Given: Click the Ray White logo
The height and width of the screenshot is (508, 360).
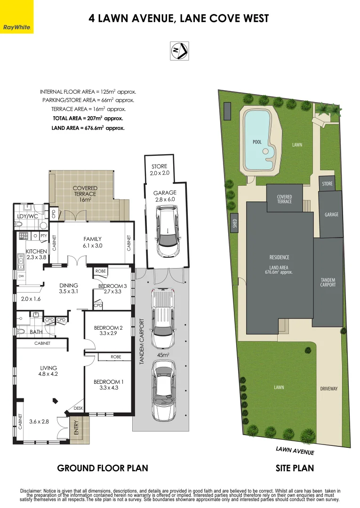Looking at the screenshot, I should [x=17, y=17].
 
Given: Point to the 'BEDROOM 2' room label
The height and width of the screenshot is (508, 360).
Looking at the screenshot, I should [x=108, y=327].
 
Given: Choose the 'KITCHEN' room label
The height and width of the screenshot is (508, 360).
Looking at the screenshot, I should [x=36, y=251].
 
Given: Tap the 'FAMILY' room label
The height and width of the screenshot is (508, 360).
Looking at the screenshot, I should [x=93, y=239].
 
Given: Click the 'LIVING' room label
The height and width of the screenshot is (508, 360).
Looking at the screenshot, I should [x=48, y=368].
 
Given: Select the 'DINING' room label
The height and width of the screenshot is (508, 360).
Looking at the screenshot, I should [x=68, y=286].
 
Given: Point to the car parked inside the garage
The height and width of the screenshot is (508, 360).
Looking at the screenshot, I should [x=168, y=233].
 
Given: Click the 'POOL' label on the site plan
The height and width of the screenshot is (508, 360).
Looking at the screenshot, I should [x=257, y=142].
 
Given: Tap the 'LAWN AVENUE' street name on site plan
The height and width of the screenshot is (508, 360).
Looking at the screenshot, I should [x=295, y=451].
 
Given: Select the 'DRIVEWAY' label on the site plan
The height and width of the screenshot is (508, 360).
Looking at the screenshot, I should [x=329, y=389].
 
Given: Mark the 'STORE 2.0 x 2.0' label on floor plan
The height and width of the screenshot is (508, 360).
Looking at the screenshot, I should [x=159, y=170].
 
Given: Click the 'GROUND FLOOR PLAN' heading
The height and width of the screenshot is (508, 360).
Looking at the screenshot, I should [x=103, y=468].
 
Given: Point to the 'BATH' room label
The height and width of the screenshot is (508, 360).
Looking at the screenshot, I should [x=36, y=332].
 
